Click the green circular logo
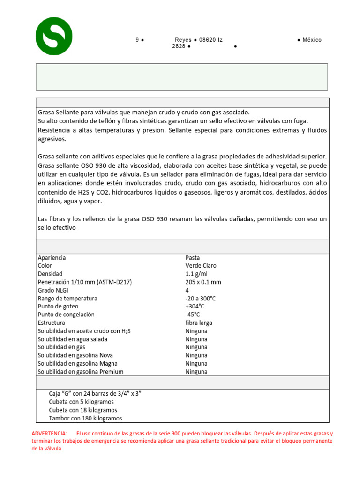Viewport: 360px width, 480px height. pyautogui.click(x=54, y=36)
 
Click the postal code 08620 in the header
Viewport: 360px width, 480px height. pyautogui.click(x=208, y=40)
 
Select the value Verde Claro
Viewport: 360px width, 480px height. pyautogui.click(x=200, y=265)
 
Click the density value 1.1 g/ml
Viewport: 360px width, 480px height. pyautogui.click(x=196, y=273)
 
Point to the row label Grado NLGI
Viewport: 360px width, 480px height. pyautogui.click(x=53, y=290)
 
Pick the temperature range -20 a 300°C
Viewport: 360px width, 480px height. pyautogui.click(x=201, y=298)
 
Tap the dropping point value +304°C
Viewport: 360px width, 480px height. pyautogui.click(x=195, y=306)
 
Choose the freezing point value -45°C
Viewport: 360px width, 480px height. pyautogui.click(x=194, y=315)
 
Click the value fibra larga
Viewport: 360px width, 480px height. pyautogui.click(x=199, y=322)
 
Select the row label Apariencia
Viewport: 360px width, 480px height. pyautogui.click(x=52, y=257)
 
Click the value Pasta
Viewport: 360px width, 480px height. pyautogui.click(x=193, y=257)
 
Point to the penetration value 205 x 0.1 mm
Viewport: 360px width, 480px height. pyautogui.click(x=203, y=282)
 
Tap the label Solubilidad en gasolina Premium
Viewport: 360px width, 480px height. pyautogui.click(x=81, y=372)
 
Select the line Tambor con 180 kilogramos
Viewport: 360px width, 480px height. pyautogui.click(x=85, y=418)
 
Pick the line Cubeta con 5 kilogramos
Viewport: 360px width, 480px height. pyautogui.click(x=81, y=402)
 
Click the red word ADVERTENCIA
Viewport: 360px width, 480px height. pyautogui.click(x=49, y=434)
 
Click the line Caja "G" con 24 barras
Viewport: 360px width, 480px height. pyautogui.click(x=95, y=393)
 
